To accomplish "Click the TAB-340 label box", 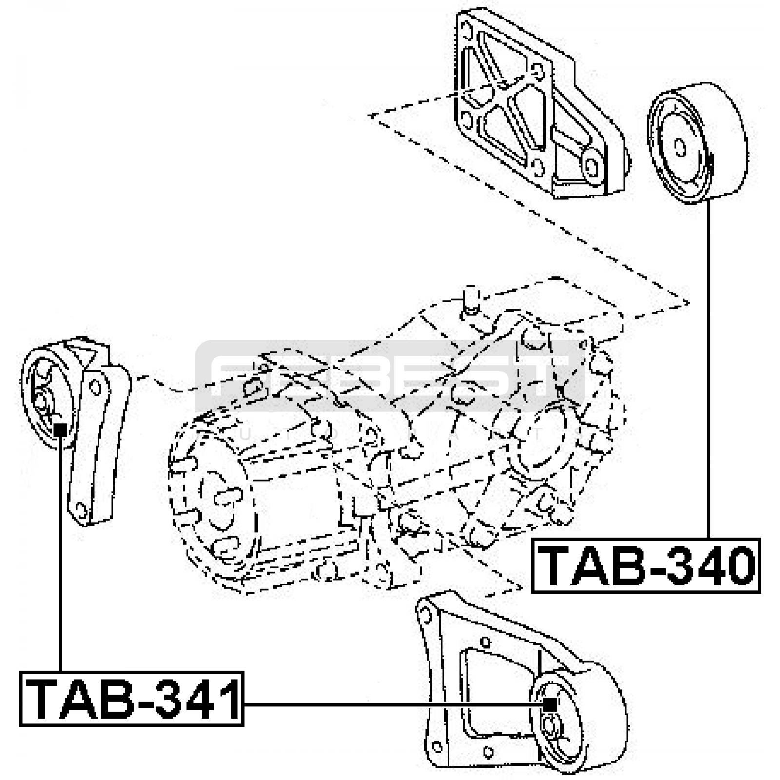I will (x=646, y=565).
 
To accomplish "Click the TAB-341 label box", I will (x=132, y=699).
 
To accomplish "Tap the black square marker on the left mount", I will (x=60, y=429).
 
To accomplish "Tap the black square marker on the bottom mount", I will (x=550, y=704).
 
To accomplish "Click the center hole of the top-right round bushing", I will (x=680, y=147).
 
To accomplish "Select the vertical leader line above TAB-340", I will (x=708, y=370).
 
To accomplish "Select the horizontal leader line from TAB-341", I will (x=390, y=704).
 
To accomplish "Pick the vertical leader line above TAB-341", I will (x=60, y=551).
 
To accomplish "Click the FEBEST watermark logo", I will (x=390, y=375).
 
